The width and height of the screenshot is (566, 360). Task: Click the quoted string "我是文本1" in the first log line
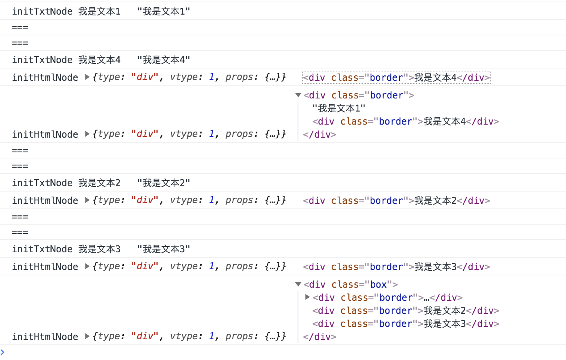(163, 12)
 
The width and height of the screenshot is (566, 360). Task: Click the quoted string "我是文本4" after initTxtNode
(163, 60)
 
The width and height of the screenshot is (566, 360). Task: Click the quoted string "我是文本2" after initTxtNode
(163, 183)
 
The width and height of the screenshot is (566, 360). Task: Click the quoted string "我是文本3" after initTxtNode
(163, 249)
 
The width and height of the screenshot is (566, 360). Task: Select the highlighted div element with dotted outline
(396, 78)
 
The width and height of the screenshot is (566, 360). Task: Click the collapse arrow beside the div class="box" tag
(298, 285)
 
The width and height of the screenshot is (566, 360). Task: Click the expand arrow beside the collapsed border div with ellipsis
(307, 297)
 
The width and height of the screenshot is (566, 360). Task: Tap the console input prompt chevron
(3, 352)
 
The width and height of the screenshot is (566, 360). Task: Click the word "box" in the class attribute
(378, 285)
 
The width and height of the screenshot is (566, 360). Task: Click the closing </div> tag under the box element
(320, 337)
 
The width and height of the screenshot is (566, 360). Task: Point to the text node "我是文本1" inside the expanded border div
(339, 108)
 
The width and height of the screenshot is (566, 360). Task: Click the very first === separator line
(20, 28)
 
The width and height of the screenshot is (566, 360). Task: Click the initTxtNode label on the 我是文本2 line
(42, 183)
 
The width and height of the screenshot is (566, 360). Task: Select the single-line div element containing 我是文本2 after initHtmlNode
(396, 201)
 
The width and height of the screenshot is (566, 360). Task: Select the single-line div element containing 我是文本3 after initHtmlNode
(396, 267)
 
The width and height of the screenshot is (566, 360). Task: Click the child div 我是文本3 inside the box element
(405, 324)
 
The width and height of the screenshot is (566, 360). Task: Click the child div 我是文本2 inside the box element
(405, 311)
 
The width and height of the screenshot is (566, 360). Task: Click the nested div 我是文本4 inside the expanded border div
(405, 122)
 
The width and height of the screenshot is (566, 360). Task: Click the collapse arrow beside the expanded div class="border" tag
(298, 95)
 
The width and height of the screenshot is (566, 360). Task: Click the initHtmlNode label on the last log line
(45, 337)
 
